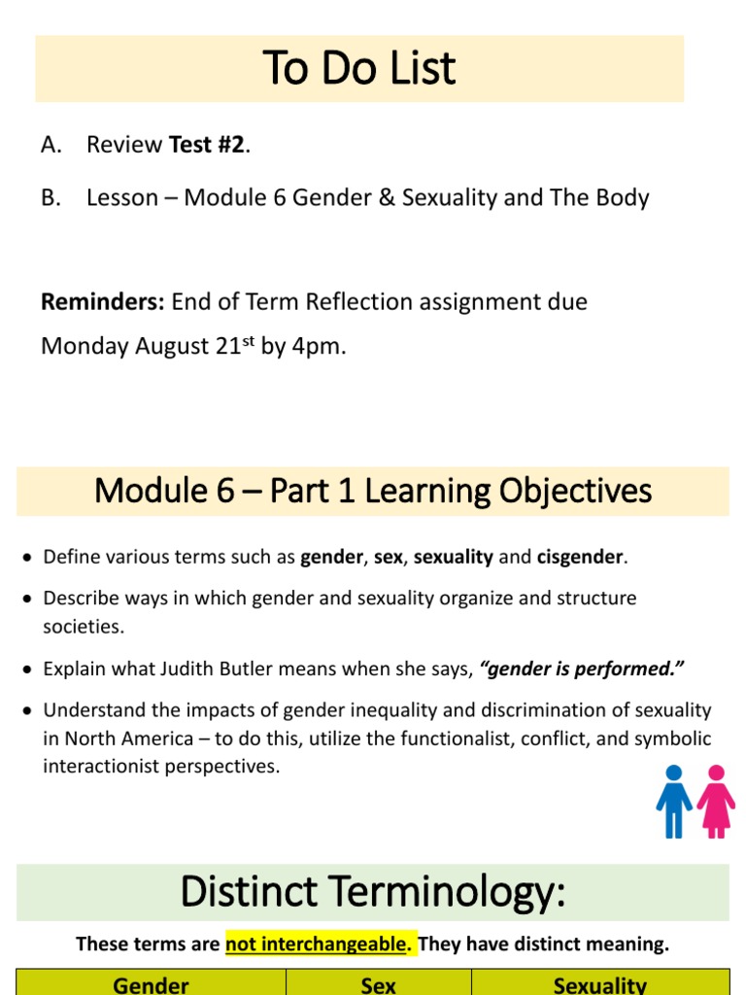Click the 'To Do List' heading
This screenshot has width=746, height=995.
tap(359, 69)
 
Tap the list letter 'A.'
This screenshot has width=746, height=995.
tap(51, 145)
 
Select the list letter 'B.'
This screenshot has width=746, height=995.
tap(51, 198)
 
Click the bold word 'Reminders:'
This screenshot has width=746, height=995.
tap(103, 302)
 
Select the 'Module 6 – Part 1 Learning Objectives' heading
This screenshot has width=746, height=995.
tap(373, 492)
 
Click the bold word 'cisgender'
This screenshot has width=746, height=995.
tap(581, 558)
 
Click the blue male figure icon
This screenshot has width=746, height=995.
tap(673, 801)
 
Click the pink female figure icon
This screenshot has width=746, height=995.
tap(717, 801)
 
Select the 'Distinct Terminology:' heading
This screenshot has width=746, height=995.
tap(373, 892)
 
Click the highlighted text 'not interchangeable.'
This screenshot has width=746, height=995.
tap(321, 944)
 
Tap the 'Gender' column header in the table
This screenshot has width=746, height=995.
tap(152, 984)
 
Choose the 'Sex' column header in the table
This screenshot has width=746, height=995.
tap(378, 984)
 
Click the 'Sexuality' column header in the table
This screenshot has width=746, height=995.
tap(599, 984)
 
